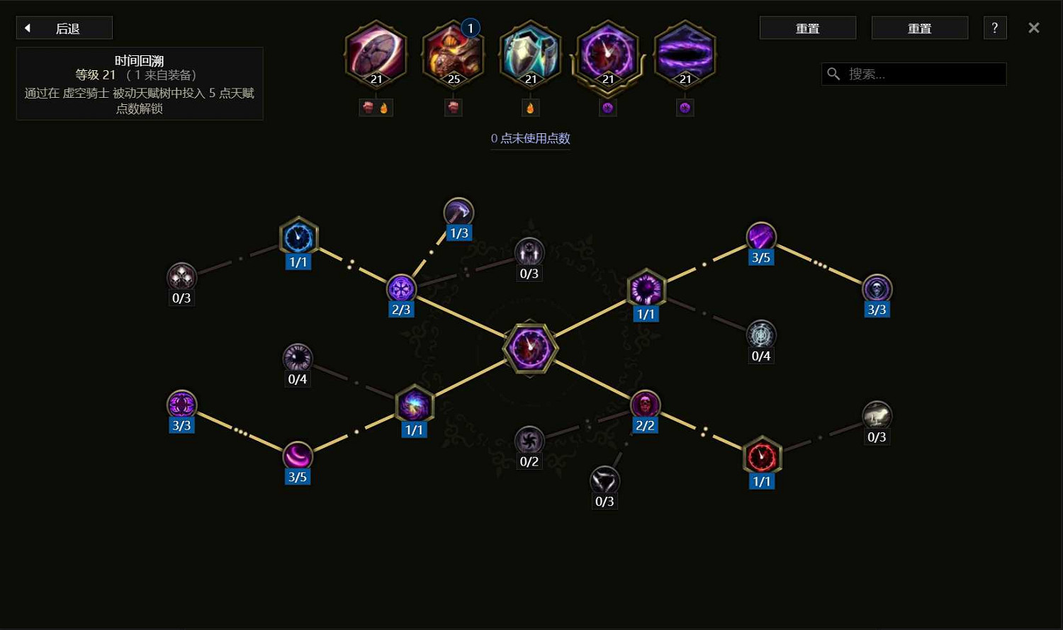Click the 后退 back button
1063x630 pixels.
tap(64, 28)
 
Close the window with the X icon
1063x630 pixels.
tap(1034, 28)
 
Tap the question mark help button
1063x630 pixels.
tap(995, 28)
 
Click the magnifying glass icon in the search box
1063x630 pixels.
tap(834, 74)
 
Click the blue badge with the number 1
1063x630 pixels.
tap(471, 28)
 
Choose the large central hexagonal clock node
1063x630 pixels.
tap(531, 349)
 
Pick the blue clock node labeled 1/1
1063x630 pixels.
tap(298, 237)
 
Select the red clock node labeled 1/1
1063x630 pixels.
tap(762, 456)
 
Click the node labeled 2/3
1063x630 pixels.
tap(401, 288)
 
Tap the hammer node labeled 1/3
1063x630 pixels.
tap(459, 212)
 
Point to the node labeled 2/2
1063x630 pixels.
tap(645, 405)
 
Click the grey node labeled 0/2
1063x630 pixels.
tap(529, 441)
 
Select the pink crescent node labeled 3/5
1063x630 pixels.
tap(298, 456)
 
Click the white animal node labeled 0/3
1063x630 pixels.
tap(877, 416)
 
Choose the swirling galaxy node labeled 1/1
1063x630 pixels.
tap(414, 405)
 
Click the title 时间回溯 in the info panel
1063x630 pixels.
tap(139, 61)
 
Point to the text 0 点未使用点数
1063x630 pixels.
tap(530, 138)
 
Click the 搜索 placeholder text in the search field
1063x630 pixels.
tap(867, 74)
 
